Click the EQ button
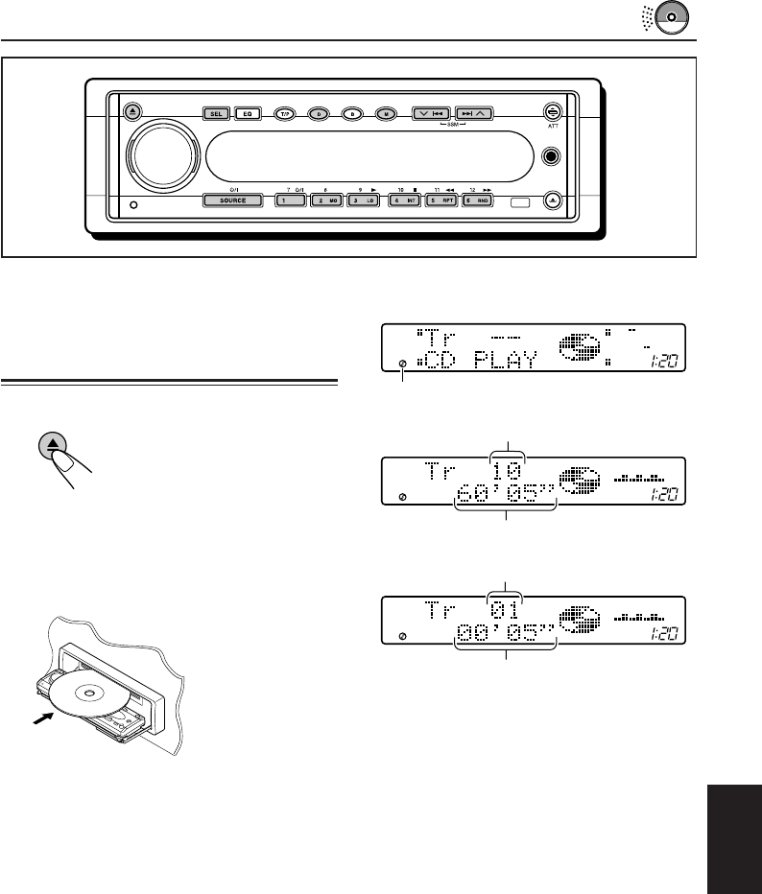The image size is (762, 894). tap(247, 113)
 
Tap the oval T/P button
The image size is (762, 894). tap(284, 113)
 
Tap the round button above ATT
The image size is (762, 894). tap(552, 112)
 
